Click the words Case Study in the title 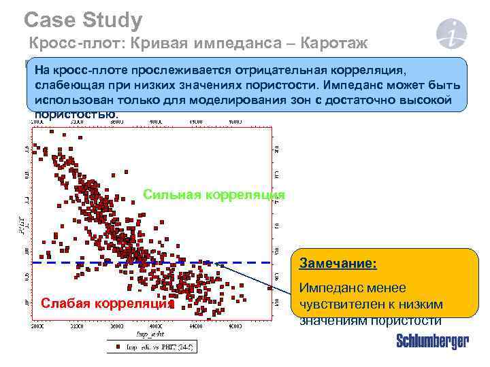[82, 20]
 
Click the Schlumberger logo [432, 342]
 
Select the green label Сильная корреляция [213, 196]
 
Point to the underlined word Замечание [338, 262]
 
